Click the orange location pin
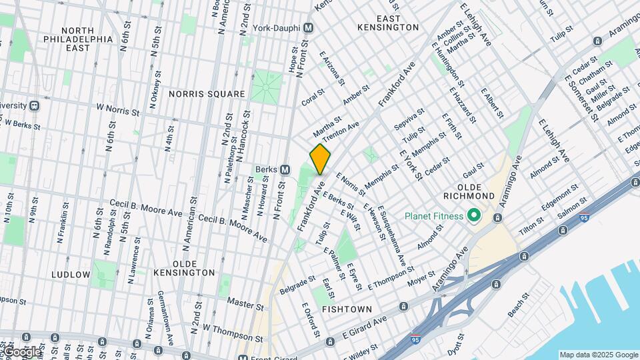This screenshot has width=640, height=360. click(x=321, y=159)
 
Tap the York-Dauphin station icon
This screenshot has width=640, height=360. click(x=308, y=28)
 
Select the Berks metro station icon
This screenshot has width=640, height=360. click(x=285, y=169)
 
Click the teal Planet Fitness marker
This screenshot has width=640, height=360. click(x=474, y=216)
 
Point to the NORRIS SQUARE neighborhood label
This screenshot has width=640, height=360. click(x=207, y=94)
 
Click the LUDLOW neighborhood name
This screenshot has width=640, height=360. click(x=70, y=275)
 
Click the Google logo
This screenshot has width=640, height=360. click(x=21, y=352)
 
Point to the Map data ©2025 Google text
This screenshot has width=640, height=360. click(x=598, y=355)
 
